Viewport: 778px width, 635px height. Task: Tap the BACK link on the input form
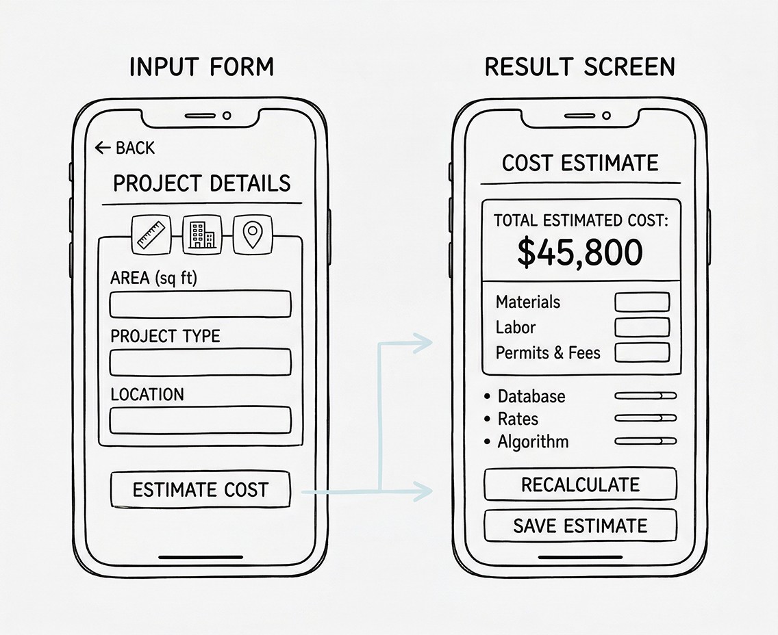(125, 148)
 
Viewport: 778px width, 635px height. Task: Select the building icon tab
(201, 234)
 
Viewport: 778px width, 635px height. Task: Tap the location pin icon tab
(253, 234)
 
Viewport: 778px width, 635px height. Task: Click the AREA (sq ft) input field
(200, 304)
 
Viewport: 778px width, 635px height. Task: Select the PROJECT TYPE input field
(200, 362)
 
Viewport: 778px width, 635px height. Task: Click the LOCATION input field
(200, 420)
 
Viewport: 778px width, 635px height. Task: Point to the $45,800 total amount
(580, 252)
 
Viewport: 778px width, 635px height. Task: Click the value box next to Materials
(642, 302)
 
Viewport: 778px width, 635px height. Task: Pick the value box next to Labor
(642, 327)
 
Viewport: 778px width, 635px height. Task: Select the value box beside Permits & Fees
(642, 352)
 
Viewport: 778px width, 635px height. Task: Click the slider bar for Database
(645, 396)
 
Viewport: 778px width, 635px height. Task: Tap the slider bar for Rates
(645, 418)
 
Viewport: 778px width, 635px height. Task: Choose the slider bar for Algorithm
(645, 441)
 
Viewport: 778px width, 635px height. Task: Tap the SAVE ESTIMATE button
(580, 526)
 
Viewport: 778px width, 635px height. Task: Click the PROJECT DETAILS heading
(201, 183)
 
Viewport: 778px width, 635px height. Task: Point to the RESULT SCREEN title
(579, 67)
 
